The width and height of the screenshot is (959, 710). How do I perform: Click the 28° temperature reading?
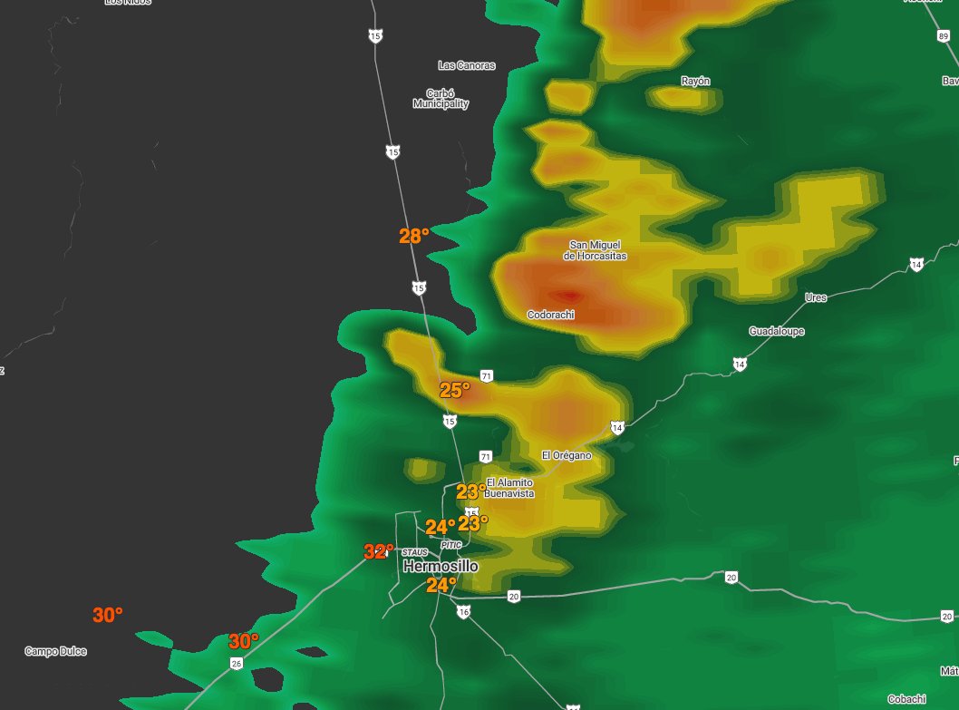(x=413, y=236)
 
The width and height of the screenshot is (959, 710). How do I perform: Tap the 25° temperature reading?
(x=455, y=391)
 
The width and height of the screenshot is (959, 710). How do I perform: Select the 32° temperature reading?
(x=379, y=551)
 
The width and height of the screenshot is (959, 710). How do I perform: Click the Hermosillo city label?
(x=441, y=567)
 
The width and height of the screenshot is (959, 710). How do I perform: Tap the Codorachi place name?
(x=551, y=315)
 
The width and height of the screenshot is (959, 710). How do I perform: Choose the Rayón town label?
(x=695, y=81)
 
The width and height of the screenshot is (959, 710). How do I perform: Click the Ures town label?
(x=816, y=297)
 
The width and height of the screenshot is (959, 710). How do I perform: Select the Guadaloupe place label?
(x=777, y=332)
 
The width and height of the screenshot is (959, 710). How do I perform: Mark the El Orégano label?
(x=566, y=455)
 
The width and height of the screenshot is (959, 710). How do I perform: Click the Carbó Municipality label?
(x=441, y=99)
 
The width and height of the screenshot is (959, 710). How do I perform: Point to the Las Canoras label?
(x=467, y=65)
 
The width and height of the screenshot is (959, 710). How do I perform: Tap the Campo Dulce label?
(x=55, y=651)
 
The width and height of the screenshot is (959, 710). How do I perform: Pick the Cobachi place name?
(x=906, y=698)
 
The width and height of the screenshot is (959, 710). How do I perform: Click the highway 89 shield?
(x=944, y=34)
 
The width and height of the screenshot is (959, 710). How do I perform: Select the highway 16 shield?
(x=463, y=612)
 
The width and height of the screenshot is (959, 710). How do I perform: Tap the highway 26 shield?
(x=237, y=664)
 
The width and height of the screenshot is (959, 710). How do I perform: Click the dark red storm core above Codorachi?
(x=568, y=295)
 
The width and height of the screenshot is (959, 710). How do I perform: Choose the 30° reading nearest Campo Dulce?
(x=108, y=615)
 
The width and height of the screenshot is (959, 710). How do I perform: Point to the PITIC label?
(x=450, y=545)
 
